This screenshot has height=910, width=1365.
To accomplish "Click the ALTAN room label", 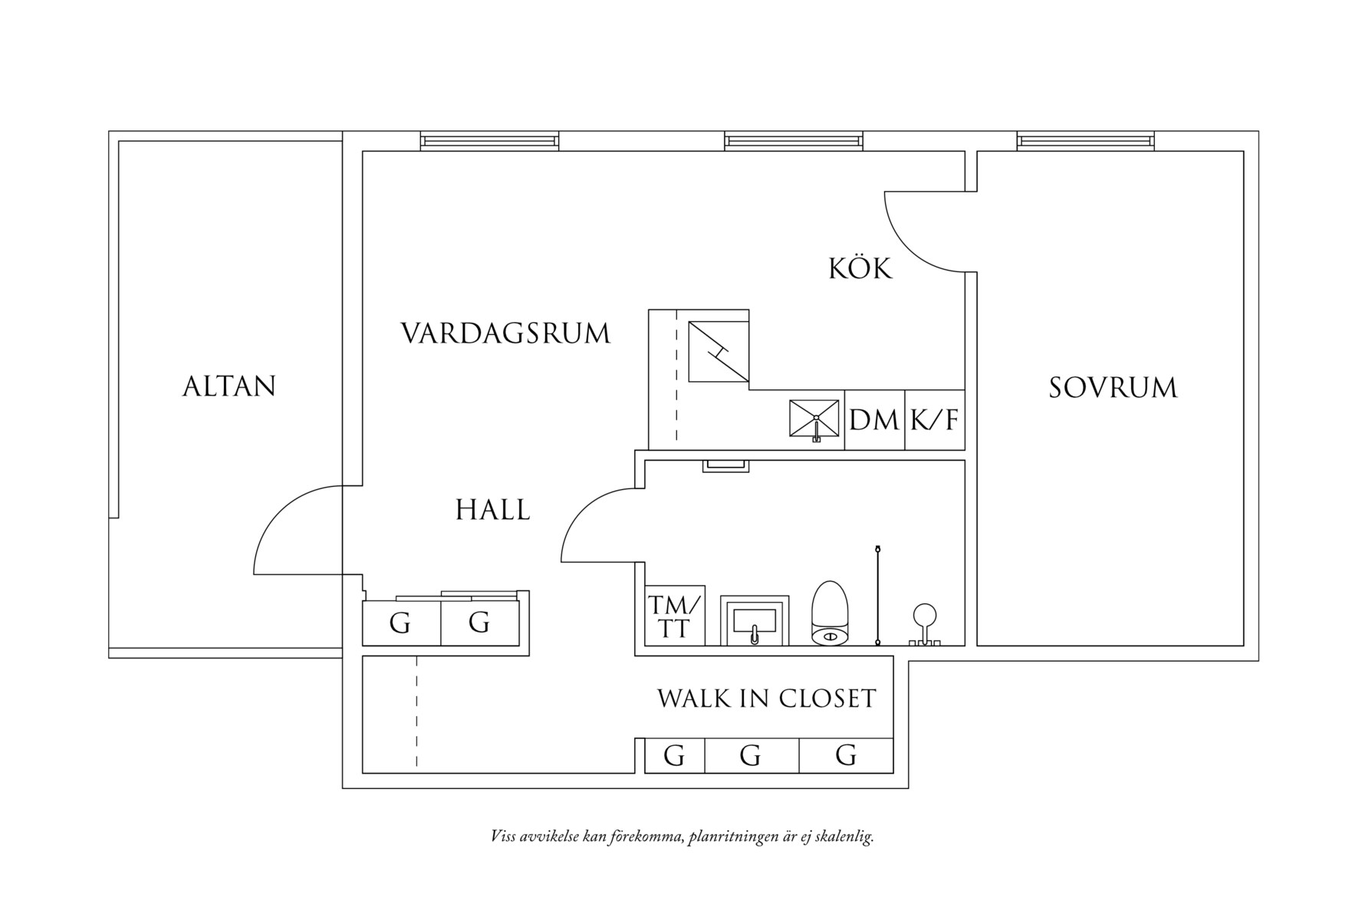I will coord(229,386).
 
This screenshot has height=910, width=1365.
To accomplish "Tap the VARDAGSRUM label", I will coord(505,333).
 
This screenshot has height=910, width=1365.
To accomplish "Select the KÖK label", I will coord(860,269).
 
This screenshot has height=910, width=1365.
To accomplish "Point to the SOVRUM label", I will coord(1113,388).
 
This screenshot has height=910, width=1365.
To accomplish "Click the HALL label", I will coord(492,510).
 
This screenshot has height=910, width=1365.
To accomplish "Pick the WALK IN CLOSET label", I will coord(766,698).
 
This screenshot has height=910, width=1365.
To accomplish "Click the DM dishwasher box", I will coord(874,420).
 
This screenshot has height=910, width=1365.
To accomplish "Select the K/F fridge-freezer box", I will coord(935,420).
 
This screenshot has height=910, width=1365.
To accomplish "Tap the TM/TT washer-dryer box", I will coord(675,616).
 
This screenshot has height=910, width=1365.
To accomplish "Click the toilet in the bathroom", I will coord(830,613).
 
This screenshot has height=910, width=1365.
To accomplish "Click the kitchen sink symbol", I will coord(814,420).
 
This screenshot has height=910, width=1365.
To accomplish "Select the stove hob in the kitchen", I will coord(718,351).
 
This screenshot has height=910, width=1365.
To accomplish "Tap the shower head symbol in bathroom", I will coord(923,616).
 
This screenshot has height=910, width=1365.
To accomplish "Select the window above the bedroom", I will coord(1085,141).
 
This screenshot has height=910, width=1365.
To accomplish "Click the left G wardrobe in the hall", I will coord(400,623).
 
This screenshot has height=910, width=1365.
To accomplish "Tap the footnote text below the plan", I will coord(682,836).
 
